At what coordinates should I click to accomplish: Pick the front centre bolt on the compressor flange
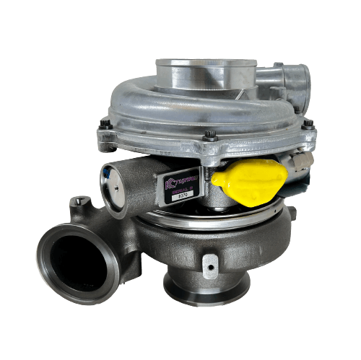(210, 135)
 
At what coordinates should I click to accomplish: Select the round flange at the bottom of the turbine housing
(205, 288)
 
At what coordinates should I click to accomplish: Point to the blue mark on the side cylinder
(108, 172)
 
